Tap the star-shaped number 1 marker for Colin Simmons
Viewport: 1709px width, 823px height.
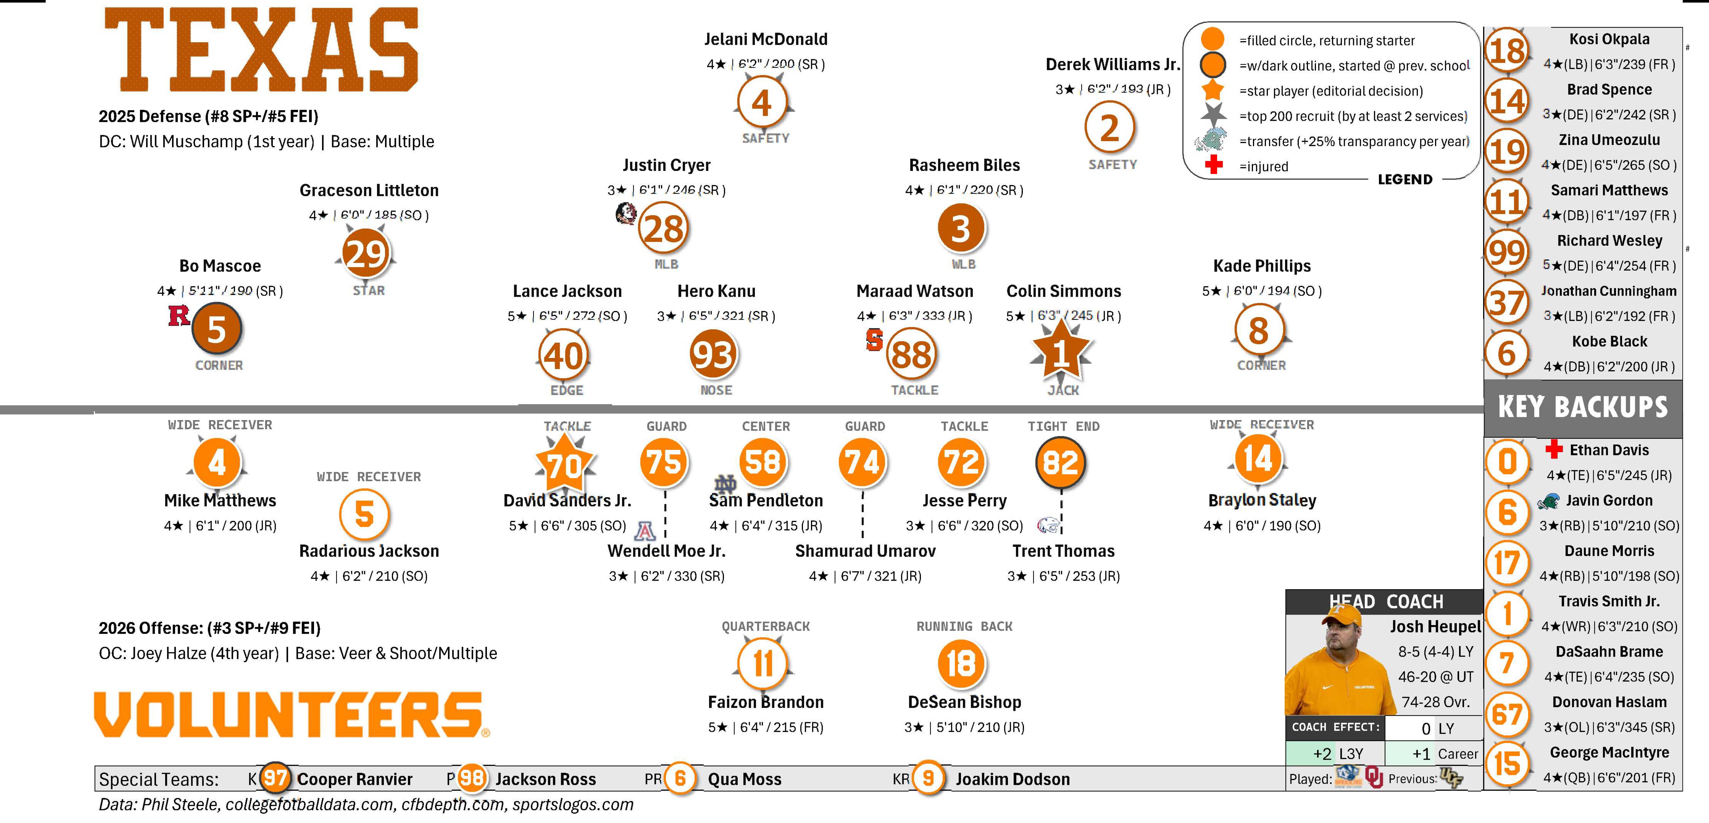(x=1061, y=353)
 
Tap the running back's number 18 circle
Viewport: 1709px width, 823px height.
(x=961, y=663)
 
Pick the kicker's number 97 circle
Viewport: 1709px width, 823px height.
(x=275, y=778)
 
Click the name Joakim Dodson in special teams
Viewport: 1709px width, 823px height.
(x=1013, y=779)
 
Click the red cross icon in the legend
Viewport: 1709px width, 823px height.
(x=1213, y=165)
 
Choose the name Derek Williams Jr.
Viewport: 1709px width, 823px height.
(x=1113, y=64)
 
